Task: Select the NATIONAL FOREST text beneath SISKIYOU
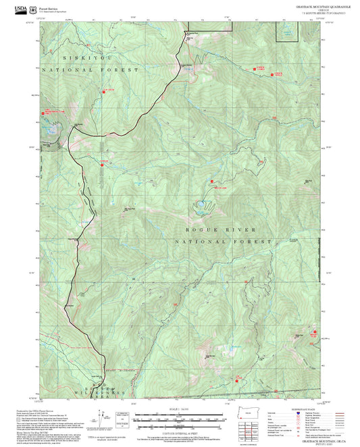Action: [91, 70]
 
